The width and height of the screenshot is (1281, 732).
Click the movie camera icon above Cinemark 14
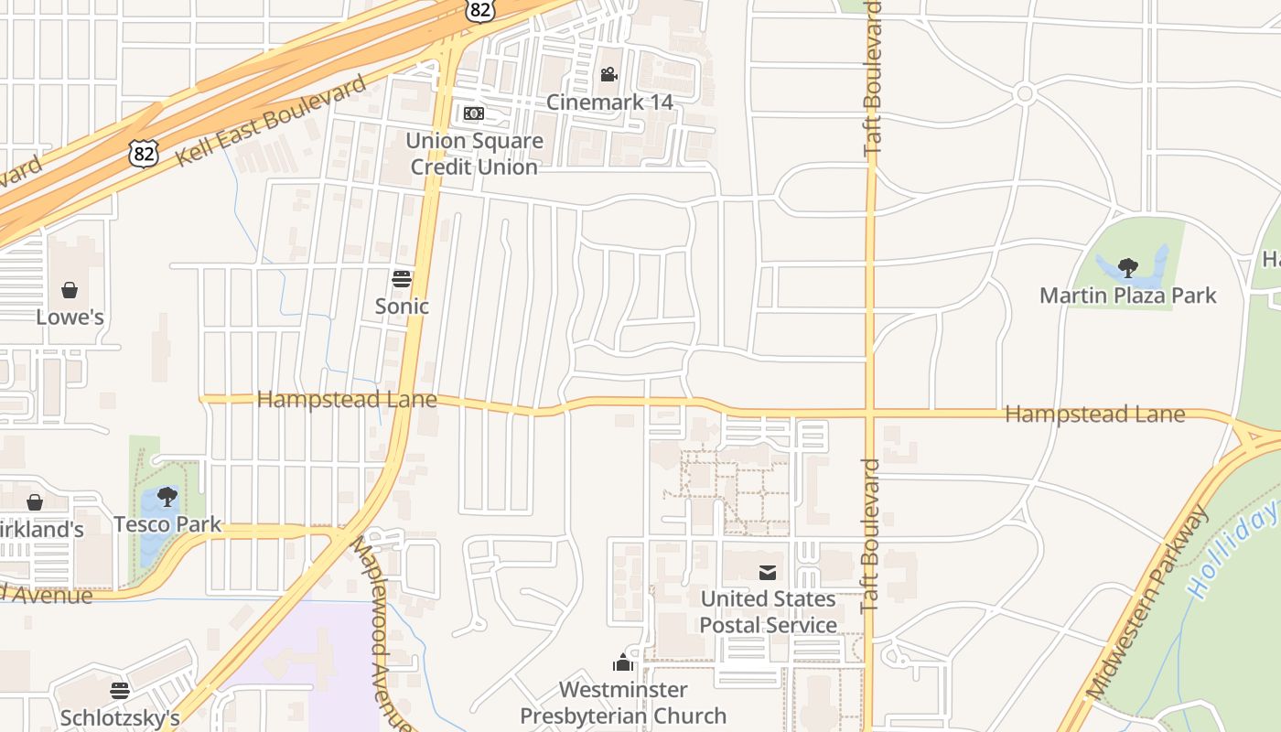click(x=608, y=74)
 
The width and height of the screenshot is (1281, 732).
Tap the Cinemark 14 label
click(x=609, y=102)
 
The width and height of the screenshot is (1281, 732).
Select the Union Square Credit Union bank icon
click(x=473, y=113)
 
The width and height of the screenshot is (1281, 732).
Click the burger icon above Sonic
click(x=402, y=278)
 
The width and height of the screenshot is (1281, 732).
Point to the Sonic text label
click(x=402, y=306)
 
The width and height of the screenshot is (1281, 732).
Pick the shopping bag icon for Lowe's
click(x=70, y=290)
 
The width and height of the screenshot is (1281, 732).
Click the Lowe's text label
click(x=70, y=318)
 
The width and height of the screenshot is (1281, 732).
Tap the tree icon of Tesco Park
click(x=167, y=497)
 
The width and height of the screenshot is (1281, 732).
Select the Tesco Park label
click(x=167, y=524)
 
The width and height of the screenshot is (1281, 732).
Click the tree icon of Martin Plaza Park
click(x=1127, y=267)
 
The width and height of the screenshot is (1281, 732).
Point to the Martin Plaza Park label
click(x=1128, y=296)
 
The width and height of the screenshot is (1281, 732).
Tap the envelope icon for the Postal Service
click(x=768, y=573)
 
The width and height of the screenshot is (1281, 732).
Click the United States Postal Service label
click(x=769, y=612)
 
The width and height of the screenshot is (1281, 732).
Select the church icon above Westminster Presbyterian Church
click(x=623, y=662)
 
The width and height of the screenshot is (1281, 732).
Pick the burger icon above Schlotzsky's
click(x=120, y=690)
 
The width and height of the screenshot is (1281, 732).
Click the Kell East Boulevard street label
click(x=271, y=120)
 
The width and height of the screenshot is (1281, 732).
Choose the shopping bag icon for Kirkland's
click(x=35, y=502)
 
